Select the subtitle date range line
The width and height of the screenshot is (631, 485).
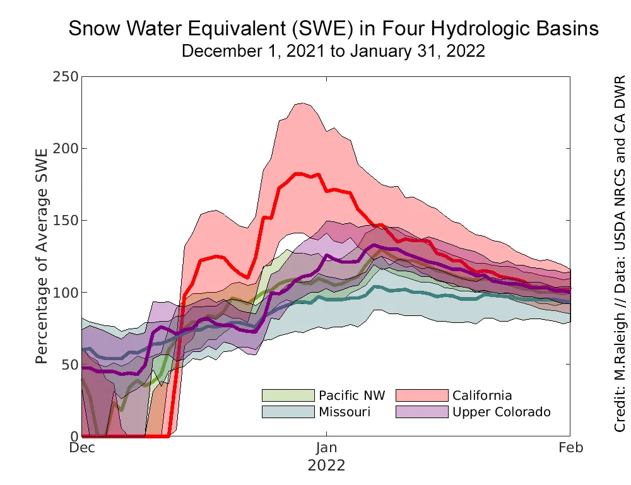pos(333,51)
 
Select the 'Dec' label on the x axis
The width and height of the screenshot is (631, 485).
pos(82,448)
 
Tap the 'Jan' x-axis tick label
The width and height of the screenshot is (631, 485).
pos(326,448)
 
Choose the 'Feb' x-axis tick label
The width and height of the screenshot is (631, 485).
pos(570,448)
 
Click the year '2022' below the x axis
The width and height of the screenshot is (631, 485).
pos(326,466)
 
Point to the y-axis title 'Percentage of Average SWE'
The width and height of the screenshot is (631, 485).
pos(42,257)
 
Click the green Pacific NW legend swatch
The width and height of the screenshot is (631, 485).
pos(288,395)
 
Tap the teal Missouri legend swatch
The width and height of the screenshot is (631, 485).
pos(288,412)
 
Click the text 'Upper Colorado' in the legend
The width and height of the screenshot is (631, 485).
pos(502,412)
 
